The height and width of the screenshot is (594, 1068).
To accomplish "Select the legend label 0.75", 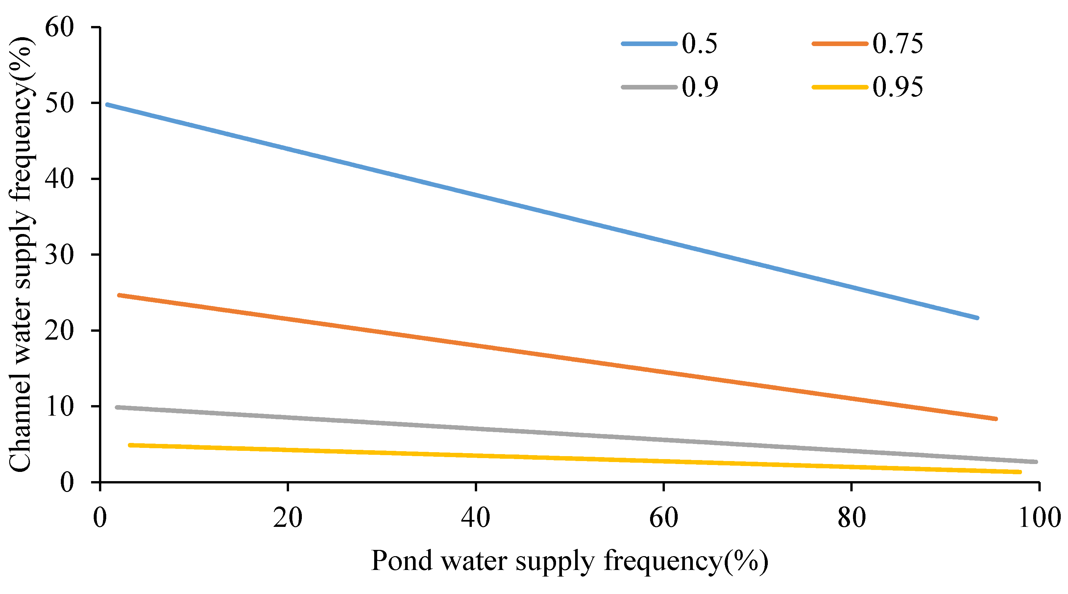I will [x=898, y=43].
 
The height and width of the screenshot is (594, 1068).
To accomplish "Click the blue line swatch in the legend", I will [x=649, y=43].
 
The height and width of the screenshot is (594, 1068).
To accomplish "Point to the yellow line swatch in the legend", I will [x=839, y=87].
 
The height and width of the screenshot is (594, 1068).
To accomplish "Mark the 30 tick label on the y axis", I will [x=59, y=254].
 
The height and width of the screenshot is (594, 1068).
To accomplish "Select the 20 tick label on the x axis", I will [x=287, y=517].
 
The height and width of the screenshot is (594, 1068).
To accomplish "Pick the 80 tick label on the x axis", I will [x=851, y=517].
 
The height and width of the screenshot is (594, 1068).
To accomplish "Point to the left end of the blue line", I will [x=108, y=105].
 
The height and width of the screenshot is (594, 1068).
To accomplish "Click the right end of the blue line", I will [x=977, y=318].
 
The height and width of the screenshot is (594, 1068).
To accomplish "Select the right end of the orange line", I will [x=995, y=419].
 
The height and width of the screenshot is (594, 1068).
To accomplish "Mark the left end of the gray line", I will [x=117, y=407].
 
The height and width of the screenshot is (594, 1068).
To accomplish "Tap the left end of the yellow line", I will [x=130, y=445].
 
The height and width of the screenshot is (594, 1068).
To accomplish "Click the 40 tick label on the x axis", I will [x=475, y=517].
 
